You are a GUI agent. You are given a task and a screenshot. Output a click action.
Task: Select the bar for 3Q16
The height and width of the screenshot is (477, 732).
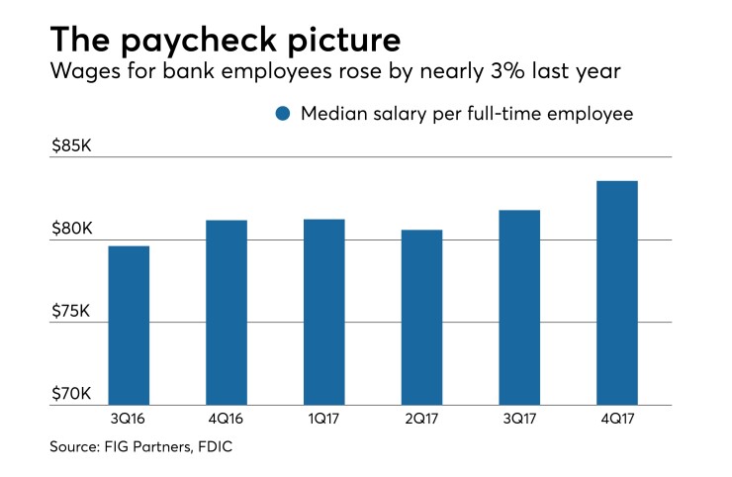(x=128, y=326)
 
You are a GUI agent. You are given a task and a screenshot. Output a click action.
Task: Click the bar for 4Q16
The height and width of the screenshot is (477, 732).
(x=227, y=313)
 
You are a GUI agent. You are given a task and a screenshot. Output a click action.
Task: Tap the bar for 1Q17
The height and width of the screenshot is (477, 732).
(x=323, y=312)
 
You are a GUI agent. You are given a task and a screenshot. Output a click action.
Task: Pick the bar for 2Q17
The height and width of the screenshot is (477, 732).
(x=421, y=318)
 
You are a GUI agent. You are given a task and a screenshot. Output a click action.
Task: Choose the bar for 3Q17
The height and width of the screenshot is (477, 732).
(x=518, y=308)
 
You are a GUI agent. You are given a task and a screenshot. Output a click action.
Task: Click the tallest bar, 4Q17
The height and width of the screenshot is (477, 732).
(x=616, y=293)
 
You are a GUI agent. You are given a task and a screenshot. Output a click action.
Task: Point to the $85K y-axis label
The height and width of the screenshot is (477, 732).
(x=71, y=146)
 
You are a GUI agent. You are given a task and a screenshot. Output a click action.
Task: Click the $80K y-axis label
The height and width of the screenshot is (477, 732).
(x=71, y=230)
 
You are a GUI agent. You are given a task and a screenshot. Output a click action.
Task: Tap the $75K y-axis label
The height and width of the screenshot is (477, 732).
(x=71, y=312)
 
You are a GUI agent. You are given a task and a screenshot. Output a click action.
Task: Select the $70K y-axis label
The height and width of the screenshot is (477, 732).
(x=71, y=395)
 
